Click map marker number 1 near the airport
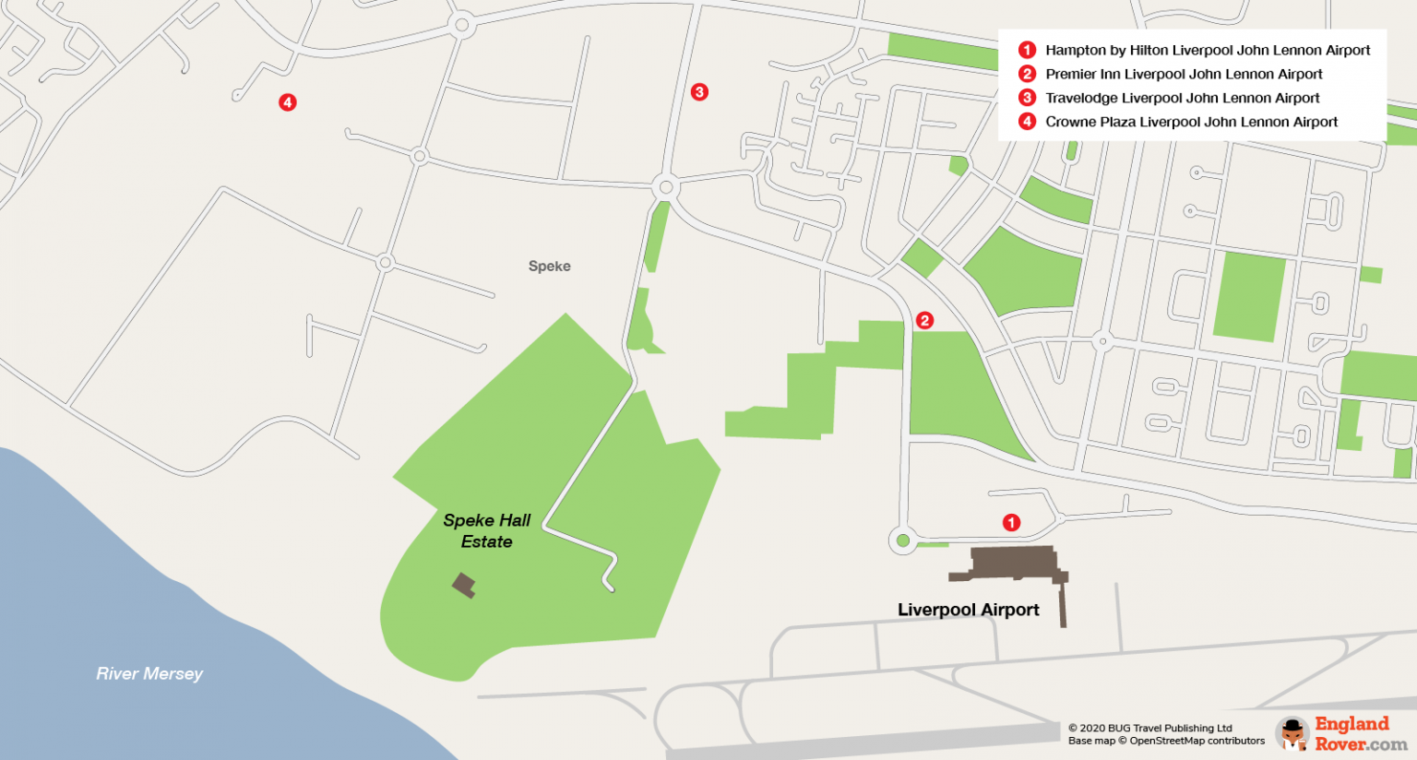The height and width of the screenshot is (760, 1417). (1011, 523)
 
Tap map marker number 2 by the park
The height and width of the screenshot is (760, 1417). (924, 320)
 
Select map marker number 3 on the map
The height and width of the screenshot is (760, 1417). (699, 92)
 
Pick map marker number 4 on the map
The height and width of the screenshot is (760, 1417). (288, 102)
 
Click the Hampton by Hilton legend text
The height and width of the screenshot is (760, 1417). (1207, 50)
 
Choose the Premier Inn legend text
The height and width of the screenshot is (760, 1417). (1183, 74)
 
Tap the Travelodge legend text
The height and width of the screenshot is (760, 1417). (1182, 98)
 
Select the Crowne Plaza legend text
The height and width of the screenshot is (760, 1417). (1190, 122)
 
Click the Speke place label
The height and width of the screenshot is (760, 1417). (549, 267)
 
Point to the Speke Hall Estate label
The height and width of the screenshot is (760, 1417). (486, 531)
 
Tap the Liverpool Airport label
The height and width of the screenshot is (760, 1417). (968, 610)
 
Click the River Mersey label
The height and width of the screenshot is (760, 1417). (149, 674)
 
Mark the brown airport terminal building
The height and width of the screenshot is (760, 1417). (1011, 563)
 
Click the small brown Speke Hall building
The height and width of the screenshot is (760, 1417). (463, 585)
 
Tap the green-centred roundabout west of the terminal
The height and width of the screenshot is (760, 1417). (903, 540)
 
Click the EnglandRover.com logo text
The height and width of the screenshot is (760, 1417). (1359, 733)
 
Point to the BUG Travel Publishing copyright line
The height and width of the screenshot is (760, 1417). (1149, 728)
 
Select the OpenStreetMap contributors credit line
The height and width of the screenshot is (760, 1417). (1166, 741)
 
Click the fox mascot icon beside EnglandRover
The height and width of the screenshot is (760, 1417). (1293, 733)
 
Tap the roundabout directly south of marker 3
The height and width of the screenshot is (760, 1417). (665, 188)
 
